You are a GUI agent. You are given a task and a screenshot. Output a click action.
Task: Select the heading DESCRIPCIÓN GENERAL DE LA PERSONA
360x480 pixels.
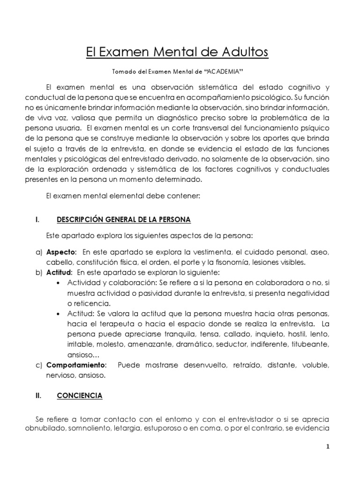pyautogui.click(x=124, y=219)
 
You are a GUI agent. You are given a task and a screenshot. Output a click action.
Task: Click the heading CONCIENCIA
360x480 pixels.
pyautogui.click(x=80, y=396)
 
